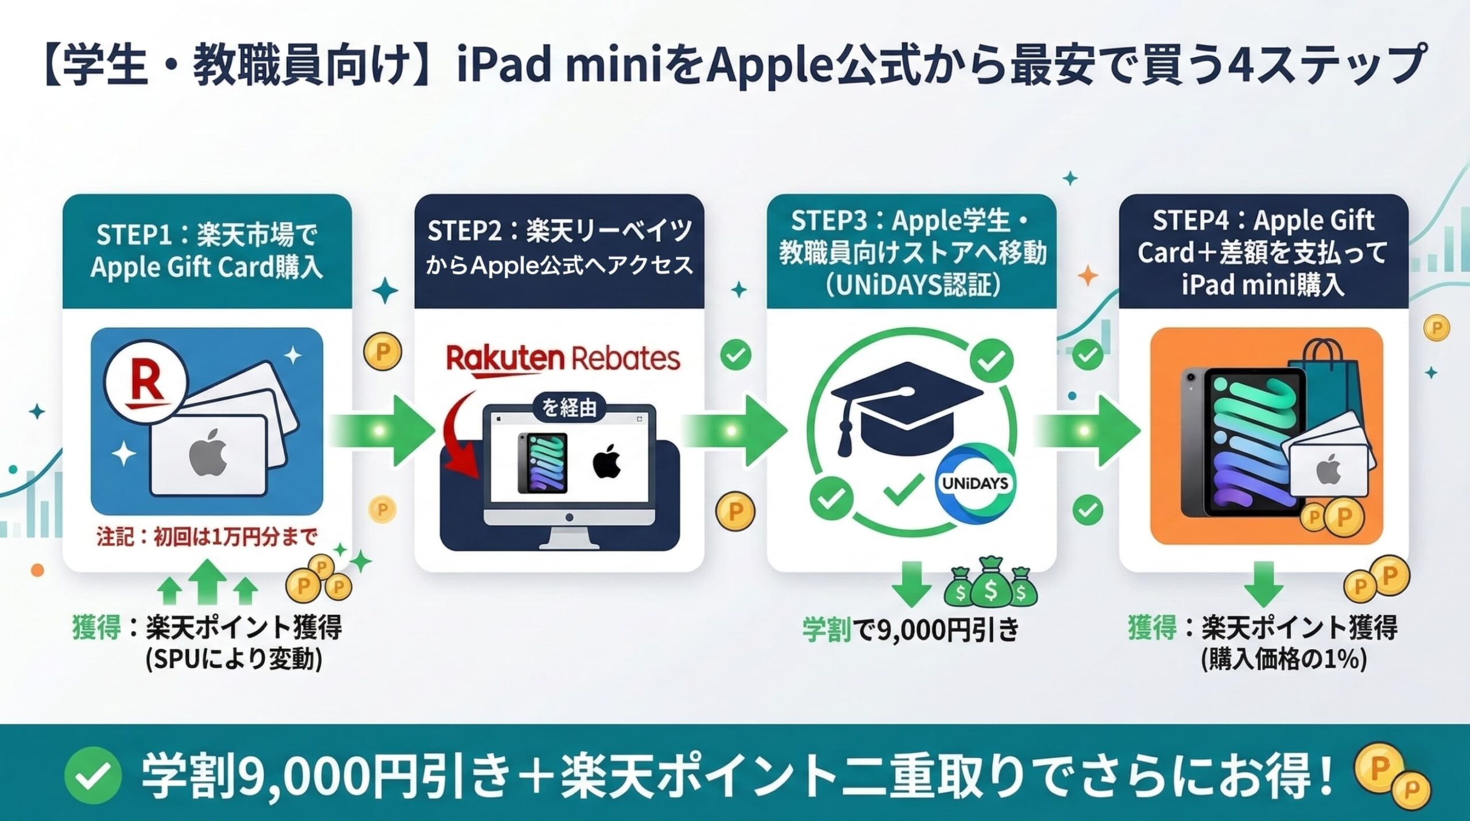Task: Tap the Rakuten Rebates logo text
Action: pos(563,359)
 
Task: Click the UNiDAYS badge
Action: pos(975,483)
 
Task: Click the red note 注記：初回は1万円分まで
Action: pos(207,537)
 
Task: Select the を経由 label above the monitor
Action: pos(569,408)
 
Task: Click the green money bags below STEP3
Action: pos(991,586)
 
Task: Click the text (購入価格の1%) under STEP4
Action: pos(1283,659)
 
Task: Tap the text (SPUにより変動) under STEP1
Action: pos(234,659)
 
